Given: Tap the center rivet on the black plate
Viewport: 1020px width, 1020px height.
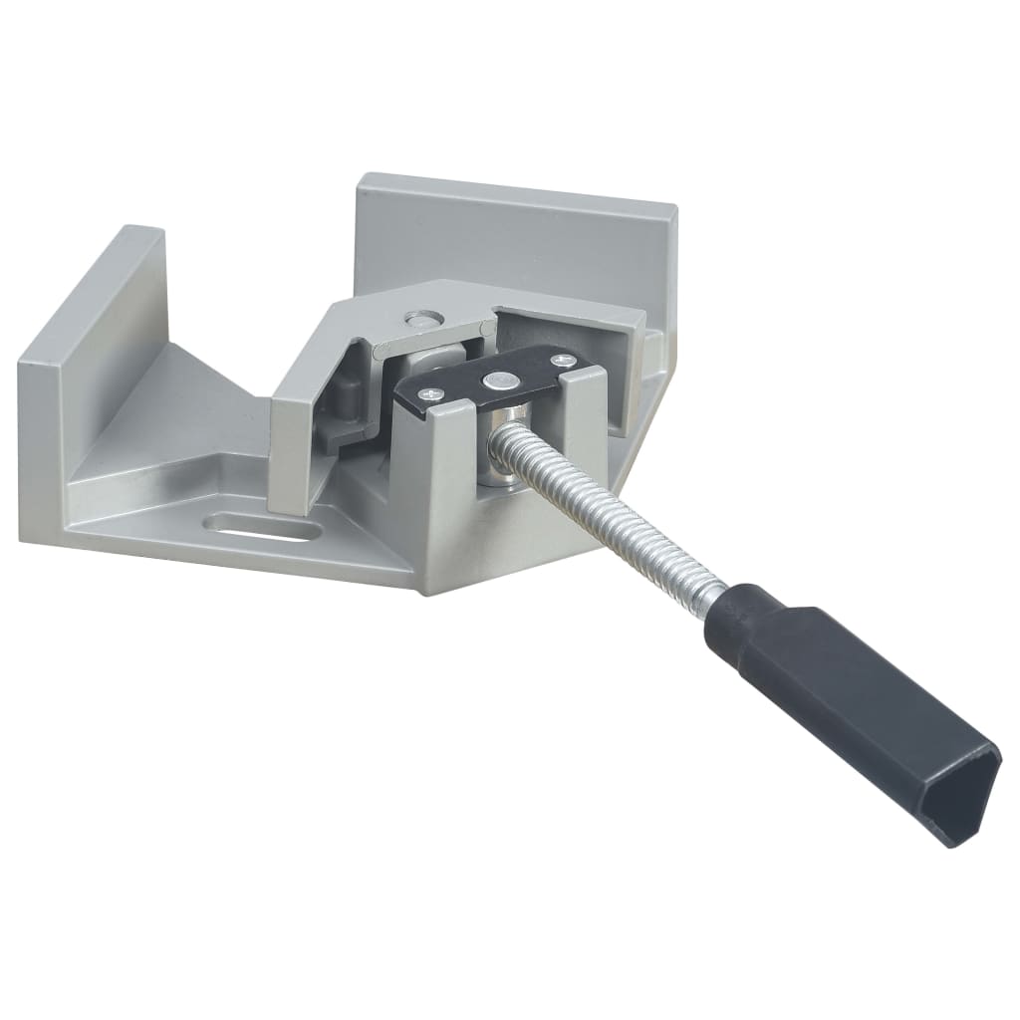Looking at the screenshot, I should coord(497,380).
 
